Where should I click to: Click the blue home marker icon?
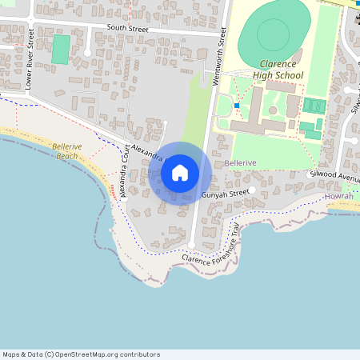pos(180,173)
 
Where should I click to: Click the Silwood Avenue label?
pos(337,174)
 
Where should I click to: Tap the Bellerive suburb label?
pos(241,162)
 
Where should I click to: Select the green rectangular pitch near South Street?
pos(61,50)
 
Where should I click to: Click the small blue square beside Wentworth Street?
pos(237,106)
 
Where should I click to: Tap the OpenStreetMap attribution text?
pos(81,354)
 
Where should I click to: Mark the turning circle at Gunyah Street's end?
pos(251,190)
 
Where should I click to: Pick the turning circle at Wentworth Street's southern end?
pos(191,245)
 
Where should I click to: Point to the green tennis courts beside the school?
pos(314,106)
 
